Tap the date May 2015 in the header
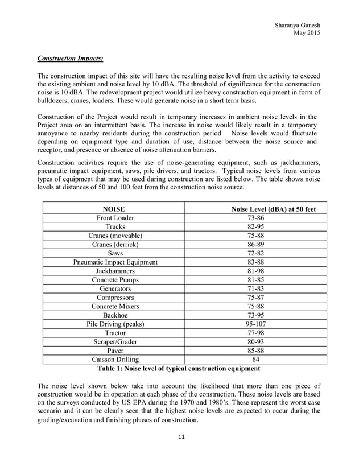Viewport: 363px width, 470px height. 306,34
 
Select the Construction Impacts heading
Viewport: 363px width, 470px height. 71,59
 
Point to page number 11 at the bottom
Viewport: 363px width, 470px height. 181,437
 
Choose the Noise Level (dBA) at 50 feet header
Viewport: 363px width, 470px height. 274,209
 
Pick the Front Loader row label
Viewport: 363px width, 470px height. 115,218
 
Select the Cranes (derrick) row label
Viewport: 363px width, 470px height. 115,245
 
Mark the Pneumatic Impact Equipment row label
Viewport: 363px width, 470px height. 115,262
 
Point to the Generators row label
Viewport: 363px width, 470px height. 115,289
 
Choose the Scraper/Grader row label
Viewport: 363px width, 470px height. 115,342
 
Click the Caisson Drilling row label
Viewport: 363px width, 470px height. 115,360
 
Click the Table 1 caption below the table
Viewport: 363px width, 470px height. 179,368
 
